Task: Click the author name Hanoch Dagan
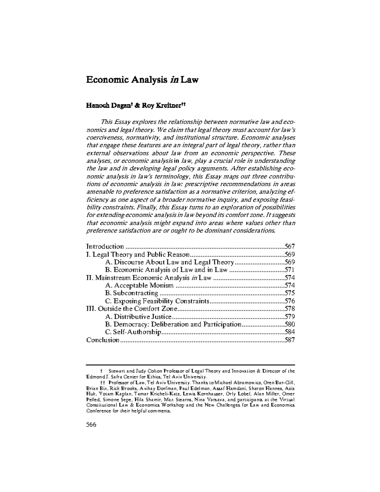point(104,106)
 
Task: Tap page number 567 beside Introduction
point(289,246)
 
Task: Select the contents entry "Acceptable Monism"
point(143,285)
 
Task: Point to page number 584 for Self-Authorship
point(289,332)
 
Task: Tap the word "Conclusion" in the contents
point(103,340)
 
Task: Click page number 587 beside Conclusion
point(289,340)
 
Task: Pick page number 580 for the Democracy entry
point(289,324)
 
